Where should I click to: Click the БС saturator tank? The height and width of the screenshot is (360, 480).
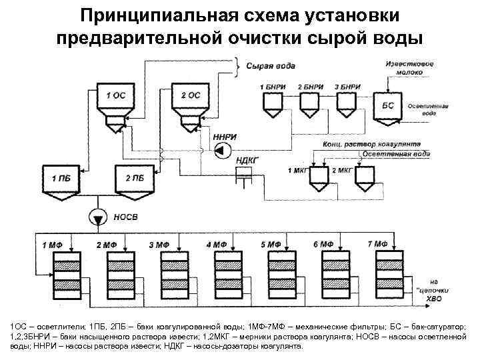pyautogui.click(x=387, y=107)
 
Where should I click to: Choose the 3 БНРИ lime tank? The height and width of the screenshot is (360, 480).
pyautogui.click(x=347, y=102)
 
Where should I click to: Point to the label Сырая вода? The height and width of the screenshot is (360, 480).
pyautogui.click(x=271, y=66)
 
